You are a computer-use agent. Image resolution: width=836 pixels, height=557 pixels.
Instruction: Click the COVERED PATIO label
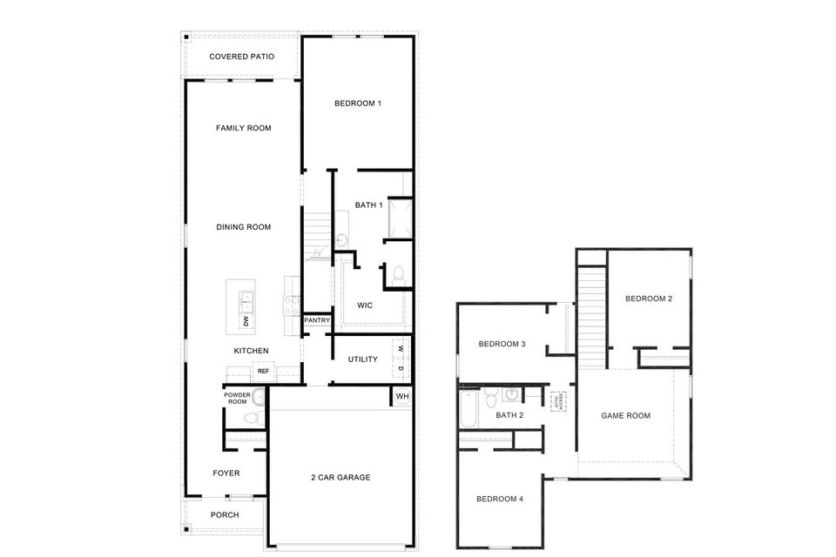[241, 57]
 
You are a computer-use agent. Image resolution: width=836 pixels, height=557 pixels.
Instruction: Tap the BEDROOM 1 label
[358, 104]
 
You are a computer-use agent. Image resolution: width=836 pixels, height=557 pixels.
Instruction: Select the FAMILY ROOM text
[243, 128]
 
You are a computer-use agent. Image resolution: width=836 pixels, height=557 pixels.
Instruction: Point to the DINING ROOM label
[243, 227]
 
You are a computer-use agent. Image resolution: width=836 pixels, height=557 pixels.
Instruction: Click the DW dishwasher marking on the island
[246, 322]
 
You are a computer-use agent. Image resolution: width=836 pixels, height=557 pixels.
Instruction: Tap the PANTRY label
[315, 321]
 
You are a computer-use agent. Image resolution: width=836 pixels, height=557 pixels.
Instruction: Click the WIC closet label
[365, 305]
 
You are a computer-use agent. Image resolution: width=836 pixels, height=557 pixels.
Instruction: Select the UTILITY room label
[362, 359]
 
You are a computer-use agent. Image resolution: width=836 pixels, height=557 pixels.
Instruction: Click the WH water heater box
[401, 397]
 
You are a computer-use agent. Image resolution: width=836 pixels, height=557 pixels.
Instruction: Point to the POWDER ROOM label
[237, 398]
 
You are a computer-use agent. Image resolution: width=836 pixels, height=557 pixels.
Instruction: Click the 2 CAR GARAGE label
[340, 477]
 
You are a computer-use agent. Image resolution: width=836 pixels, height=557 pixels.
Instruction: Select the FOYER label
[226, 473]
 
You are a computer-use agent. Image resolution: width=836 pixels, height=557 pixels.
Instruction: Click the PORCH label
[225, 514]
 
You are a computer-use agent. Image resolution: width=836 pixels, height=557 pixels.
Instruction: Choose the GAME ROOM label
[626, 416]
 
